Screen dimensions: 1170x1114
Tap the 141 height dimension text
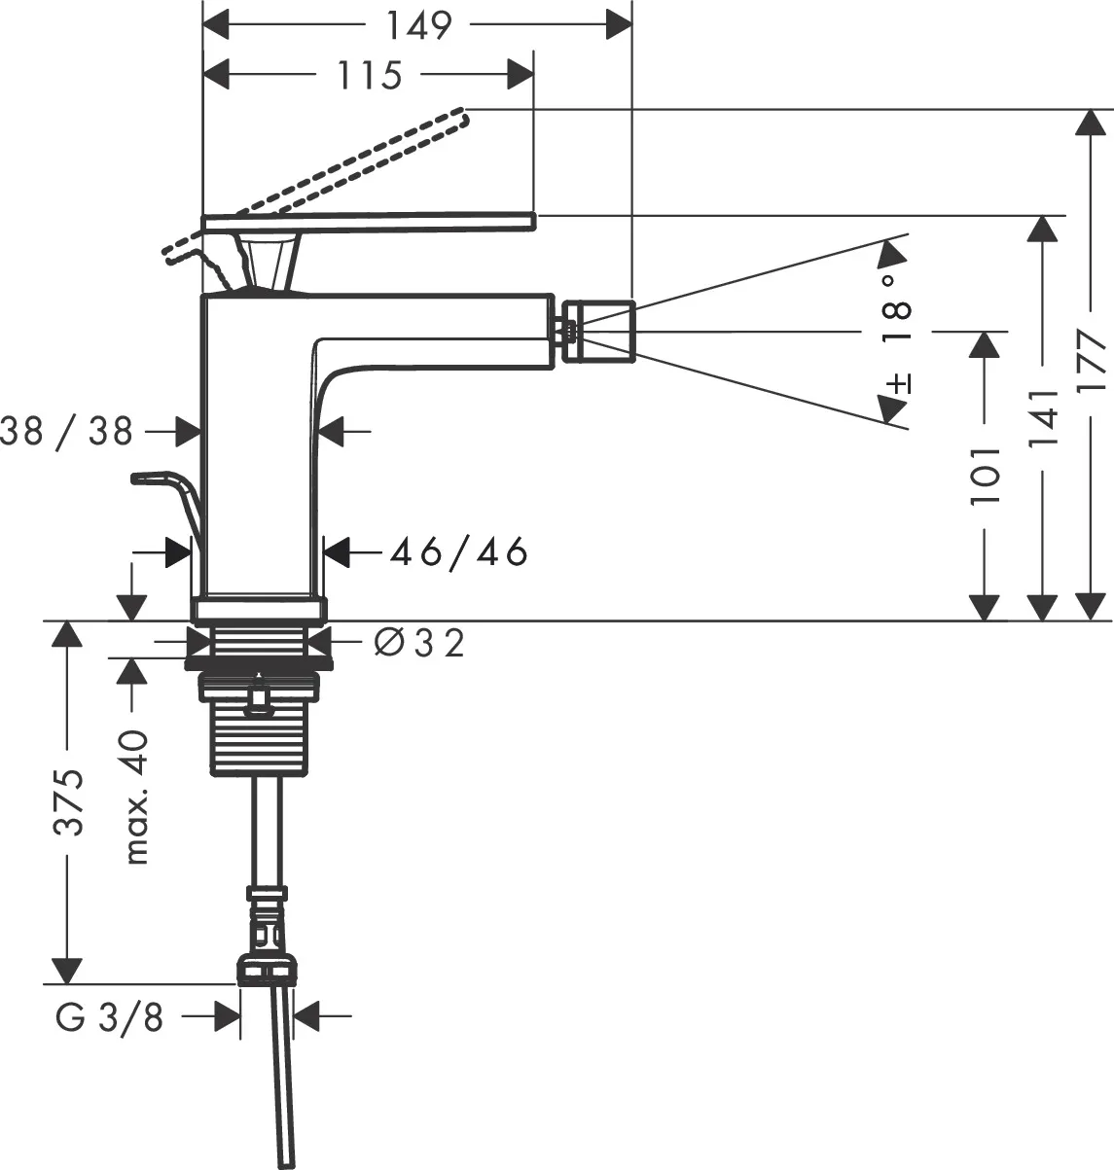1043,419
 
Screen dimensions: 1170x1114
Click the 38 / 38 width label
66,430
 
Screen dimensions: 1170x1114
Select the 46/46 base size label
458,552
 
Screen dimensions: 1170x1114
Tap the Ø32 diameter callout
419,642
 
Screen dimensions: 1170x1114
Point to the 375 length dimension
66,802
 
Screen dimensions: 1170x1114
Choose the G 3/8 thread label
109,1017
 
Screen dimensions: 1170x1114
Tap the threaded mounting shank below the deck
260,739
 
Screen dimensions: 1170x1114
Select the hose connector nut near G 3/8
266,971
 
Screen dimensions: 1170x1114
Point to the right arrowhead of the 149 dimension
620,25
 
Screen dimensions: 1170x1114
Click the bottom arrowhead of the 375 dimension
66,971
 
